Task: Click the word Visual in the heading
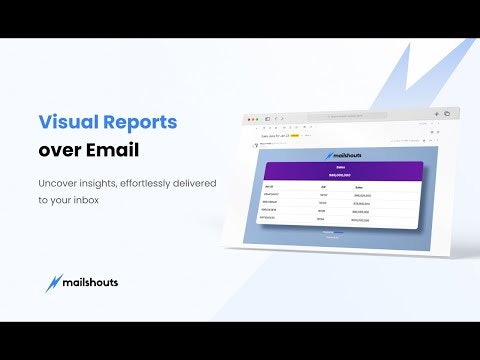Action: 67,123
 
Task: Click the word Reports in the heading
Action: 138,123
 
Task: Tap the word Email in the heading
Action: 112,151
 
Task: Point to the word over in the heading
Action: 59,151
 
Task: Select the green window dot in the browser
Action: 258,118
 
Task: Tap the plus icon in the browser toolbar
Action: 437,113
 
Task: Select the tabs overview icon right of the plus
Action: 446,113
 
